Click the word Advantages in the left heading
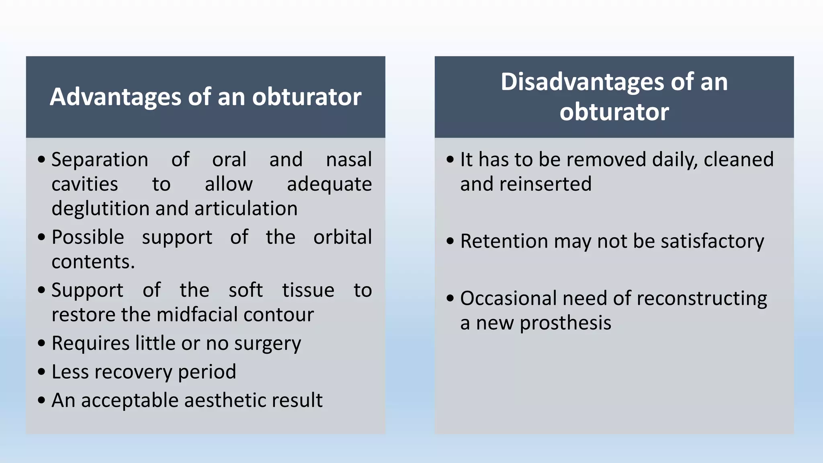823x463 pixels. pos(116,97)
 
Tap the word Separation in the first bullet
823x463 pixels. pos(100,160)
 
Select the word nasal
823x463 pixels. pos(348,160)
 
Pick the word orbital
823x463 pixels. pos(342,237)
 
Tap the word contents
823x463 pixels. pos(93,262)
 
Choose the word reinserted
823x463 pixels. pos(546,184)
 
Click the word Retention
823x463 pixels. pos(504,241)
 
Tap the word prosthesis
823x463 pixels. pos(565,323)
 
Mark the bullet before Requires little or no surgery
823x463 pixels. pos(41,344)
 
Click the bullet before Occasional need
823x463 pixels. pos(450,299)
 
